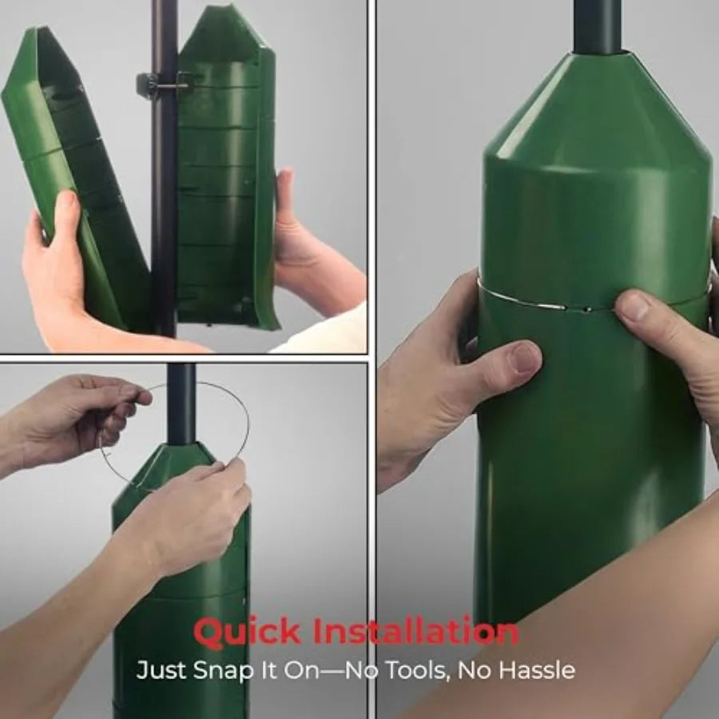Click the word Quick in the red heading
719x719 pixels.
click(247, 633)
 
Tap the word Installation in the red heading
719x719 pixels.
click(415, 632)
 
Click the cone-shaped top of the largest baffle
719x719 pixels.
click(598, 112)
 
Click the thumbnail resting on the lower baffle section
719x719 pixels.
click(523, 357)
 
